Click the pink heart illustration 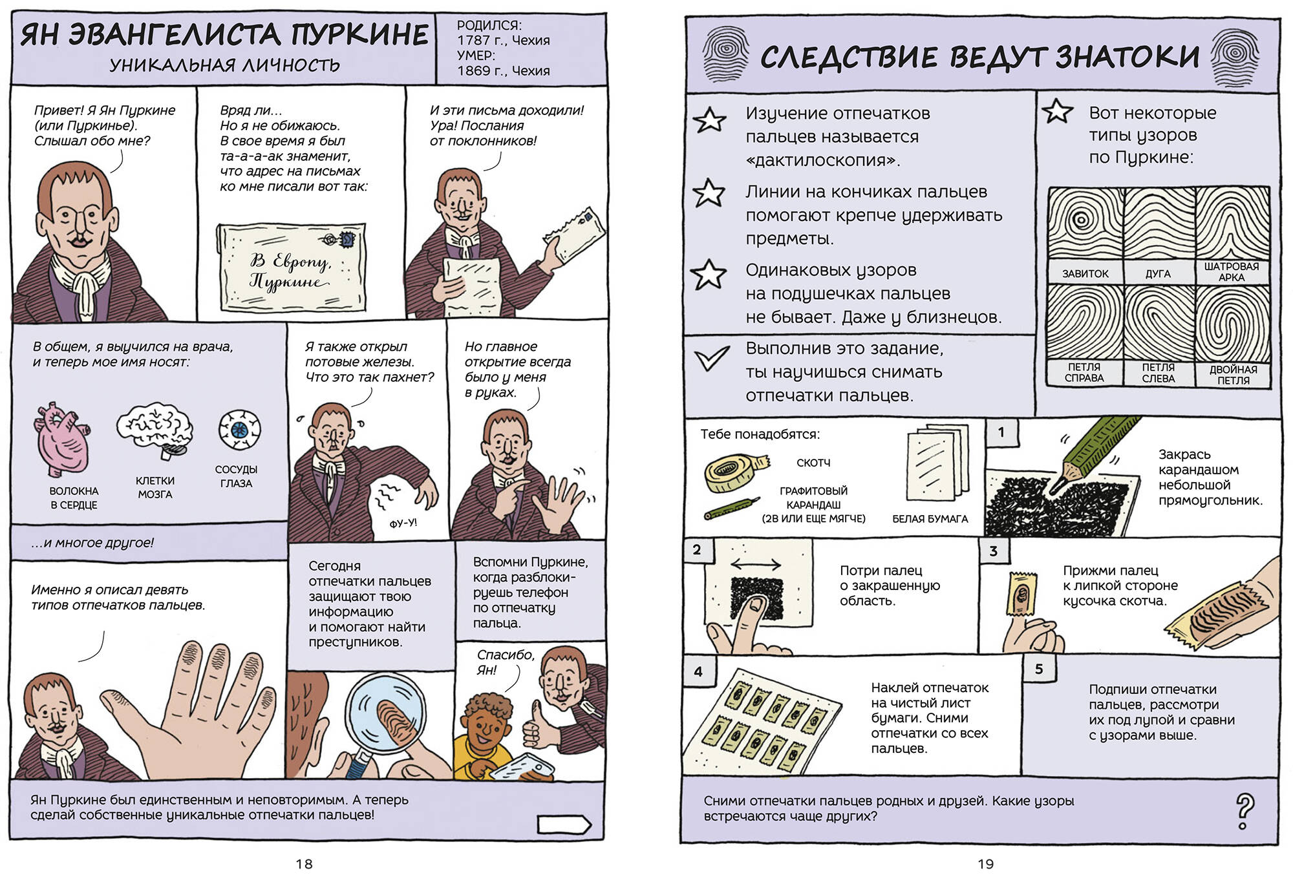tap(63, 439)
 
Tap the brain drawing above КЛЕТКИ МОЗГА tap(155, 429)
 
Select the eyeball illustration tap(239, 429)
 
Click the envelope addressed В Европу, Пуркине tap(291, 267)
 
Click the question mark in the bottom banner tap(1245, 811)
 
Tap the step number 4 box tap(699, 671)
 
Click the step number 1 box tap(1001, 432)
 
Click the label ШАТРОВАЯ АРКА tap(1232, 271)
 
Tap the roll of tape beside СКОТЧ tap(736, 472)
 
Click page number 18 tap(304, 863)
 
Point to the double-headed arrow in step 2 tap(756, 564)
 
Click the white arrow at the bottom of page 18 tap(564, 825)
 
